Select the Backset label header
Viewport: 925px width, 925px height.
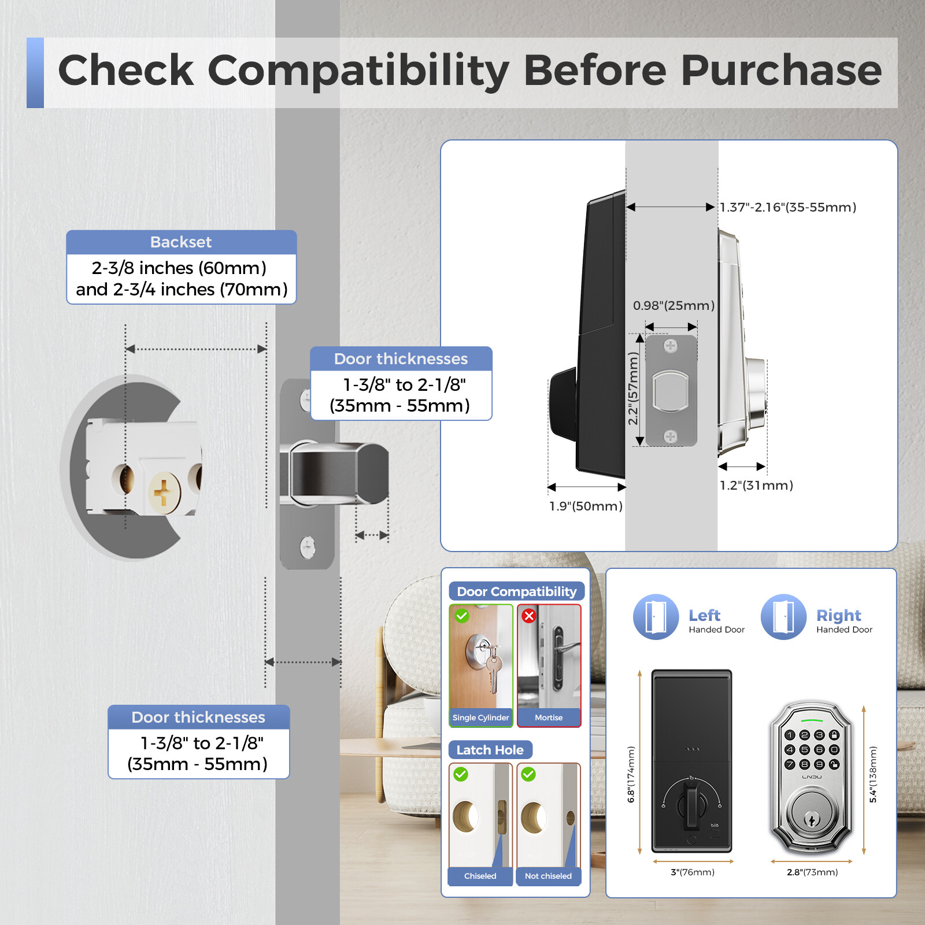point(181,242)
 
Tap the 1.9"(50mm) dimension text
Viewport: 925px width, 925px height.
point(586,506)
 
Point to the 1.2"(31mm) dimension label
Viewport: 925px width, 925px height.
point(756,485)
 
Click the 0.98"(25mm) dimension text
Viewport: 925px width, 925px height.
point(674,305)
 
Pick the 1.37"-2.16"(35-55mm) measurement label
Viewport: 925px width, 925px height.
point(788,207)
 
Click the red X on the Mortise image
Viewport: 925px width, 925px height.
point(528,616)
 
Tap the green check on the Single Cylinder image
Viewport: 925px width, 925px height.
point(461,616)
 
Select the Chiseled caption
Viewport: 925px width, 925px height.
point(480,876)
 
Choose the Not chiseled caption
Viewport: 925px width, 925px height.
point(548,876)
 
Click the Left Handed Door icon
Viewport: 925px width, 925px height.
point(656,617)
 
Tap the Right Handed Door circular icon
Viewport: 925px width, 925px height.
point(783,617)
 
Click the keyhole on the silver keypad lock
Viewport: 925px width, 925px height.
point(812,819)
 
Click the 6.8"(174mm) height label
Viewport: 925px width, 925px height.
point(631,774)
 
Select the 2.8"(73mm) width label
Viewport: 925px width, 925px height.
point(812,872)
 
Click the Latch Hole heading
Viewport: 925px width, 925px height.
point(490,750)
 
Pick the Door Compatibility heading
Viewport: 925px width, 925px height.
point(517,591)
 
